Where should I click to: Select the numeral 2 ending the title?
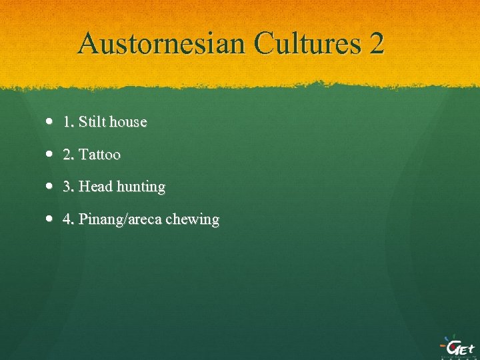(x=375, y=44)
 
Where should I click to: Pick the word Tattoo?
(x=99, y=155)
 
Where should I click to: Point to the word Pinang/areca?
(x=119, y=220)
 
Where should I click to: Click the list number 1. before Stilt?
(x=68, y=122)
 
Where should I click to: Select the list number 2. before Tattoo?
(x=68, y=155)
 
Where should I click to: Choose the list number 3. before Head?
(x=68, y=187)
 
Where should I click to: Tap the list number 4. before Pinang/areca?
(x=68, y=219)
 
